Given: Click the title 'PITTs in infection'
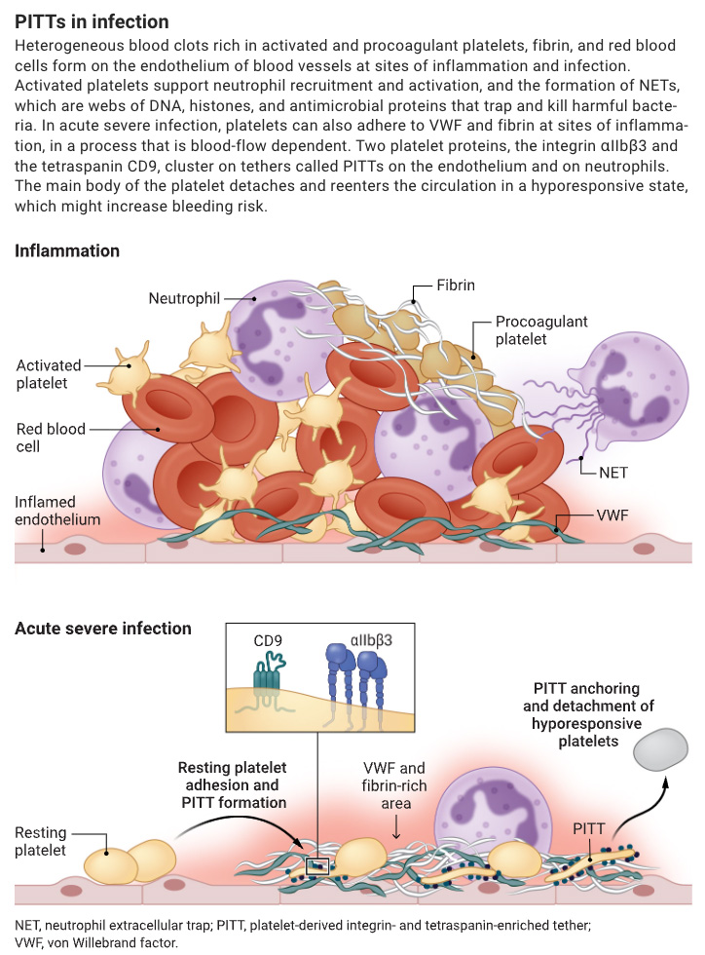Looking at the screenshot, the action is [92, 21].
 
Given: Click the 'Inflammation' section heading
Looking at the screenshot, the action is [67, 251].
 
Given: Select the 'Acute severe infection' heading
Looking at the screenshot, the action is [103, 629].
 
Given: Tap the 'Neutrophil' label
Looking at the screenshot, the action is [184, 298].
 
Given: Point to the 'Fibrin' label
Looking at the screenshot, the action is [456, 285].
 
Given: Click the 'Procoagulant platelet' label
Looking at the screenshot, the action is [541, 330].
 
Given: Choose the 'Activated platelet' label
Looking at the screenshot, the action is [49, 374].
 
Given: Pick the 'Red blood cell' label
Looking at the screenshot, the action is [51, 438].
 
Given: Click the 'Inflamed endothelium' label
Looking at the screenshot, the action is [57, 511].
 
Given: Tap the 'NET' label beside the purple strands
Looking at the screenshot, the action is [612, 473].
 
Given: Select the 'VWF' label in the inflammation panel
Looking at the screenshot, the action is [612, 516].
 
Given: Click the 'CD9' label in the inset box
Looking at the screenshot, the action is [268, 641].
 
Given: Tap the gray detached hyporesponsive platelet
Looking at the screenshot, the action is [660, 749].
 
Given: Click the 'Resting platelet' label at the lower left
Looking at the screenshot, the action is [40, 841].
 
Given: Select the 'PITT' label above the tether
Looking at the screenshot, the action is [589, 829].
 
